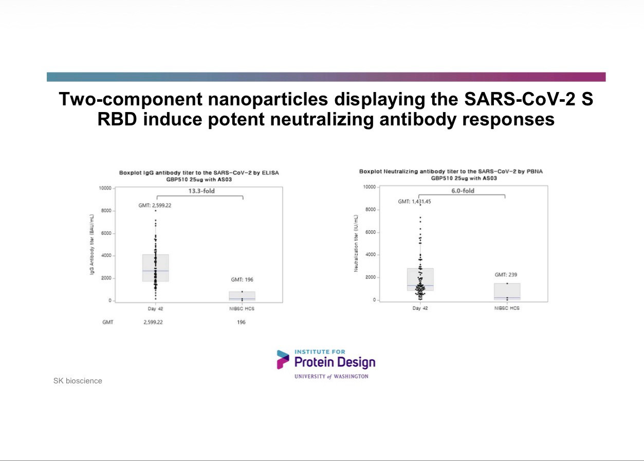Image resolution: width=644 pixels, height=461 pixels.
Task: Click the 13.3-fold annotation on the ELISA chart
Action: coord(201,191)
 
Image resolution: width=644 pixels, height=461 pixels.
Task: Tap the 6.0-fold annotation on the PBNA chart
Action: coord(463,191)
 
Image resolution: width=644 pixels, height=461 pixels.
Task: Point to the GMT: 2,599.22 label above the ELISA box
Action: coord(155,205)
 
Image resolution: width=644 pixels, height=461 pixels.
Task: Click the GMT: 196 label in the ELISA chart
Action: coord(242,280)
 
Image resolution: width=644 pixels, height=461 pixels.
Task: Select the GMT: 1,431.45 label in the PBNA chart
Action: coord(414,201)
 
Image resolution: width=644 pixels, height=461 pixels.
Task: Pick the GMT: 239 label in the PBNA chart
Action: coord(506,275)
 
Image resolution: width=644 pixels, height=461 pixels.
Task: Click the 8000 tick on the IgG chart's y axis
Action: coord(106,211)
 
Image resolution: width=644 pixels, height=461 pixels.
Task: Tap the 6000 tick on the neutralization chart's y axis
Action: coord(370,232)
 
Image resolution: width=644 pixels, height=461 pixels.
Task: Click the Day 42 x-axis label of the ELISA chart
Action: coord(155,309)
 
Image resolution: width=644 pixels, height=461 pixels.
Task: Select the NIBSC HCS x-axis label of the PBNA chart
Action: coord(507,308)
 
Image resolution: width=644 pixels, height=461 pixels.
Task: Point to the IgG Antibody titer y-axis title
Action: coord(91,244)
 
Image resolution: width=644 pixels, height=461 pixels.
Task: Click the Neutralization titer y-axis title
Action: coord(356,243)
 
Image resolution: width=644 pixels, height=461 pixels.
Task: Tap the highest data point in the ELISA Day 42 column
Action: coord(156,211)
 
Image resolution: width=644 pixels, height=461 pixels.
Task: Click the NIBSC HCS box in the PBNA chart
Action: coord(507,292)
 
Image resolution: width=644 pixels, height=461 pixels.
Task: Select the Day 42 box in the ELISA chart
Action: coord(156,268)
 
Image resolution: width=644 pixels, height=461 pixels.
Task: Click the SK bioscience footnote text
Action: coord(78,381)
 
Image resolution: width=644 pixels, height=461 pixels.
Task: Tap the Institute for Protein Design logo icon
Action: coord(283,360)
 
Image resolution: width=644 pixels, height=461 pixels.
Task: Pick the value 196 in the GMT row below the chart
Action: coord(241,322)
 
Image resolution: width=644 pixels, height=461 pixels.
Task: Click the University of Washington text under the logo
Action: coord(331,377)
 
